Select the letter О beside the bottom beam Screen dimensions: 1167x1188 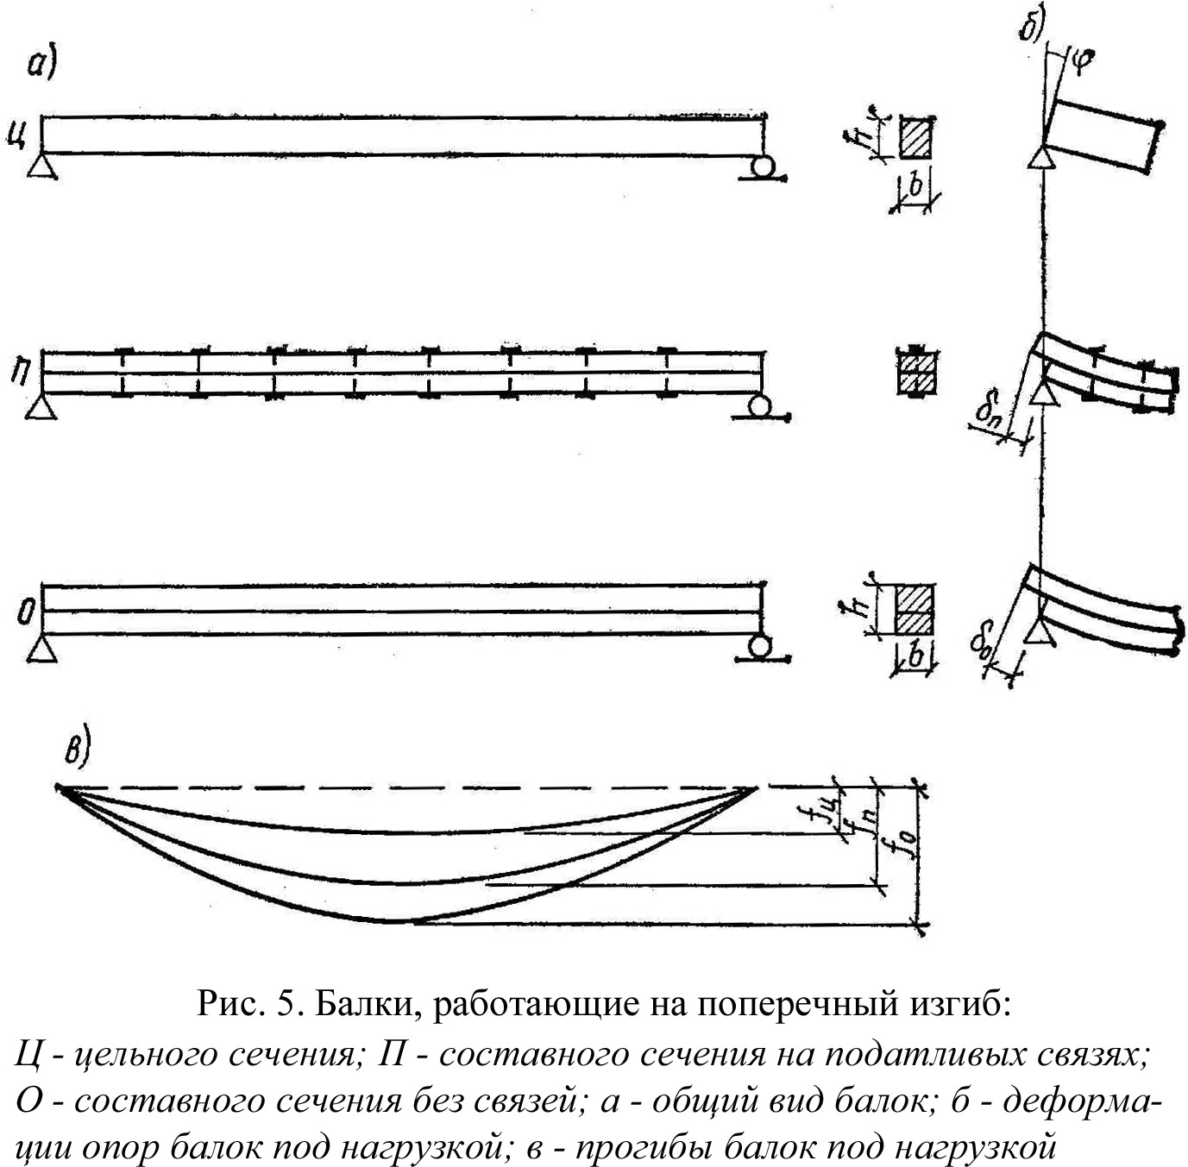point(26,613)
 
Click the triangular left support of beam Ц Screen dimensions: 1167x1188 point(41,165)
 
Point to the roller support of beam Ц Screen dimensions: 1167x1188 point(762,166)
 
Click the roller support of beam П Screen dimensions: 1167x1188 point(760,405)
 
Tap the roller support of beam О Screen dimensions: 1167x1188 point(759,646)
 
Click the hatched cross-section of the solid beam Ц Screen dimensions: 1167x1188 point(915,138)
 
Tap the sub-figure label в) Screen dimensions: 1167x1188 point(77,749)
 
